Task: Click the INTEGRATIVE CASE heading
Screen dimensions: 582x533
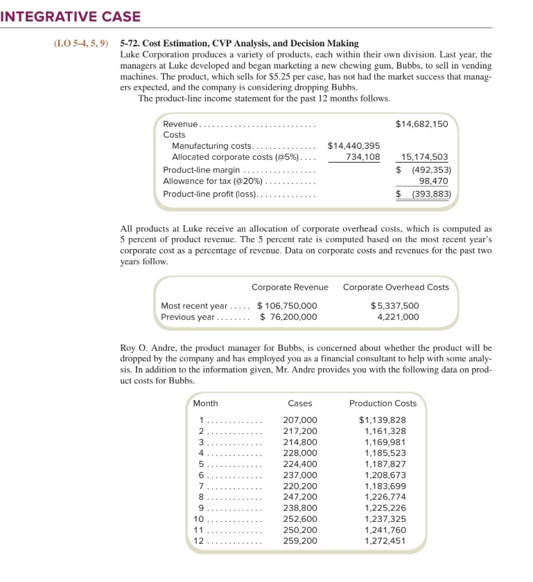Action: (71, 15)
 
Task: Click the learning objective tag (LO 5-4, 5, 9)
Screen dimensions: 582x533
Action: (81, 44)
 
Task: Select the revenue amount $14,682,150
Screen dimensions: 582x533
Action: (421, 124)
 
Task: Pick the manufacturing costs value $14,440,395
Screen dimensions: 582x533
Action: (353, 146)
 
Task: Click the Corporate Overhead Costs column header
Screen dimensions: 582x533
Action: (396, 287)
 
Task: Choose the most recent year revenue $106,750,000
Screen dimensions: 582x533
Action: (287, 306)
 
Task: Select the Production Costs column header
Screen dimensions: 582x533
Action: (383, 403)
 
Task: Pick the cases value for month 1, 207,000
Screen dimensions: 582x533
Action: (300, 420)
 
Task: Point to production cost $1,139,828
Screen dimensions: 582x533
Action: (383, 420)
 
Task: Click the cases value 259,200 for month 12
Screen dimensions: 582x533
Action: (300, 541)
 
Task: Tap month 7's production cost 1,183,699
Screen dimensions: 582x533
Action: (385, 486)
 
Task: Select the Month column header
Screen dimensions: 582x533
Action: (205, 403)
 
